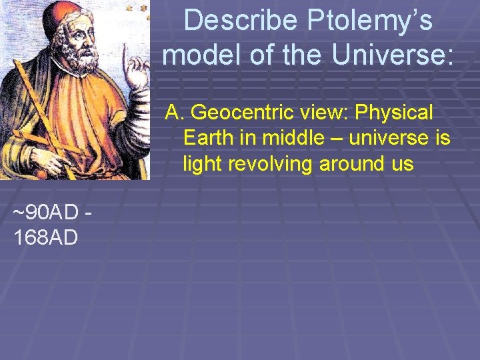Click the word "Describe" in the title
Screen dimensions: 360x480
pos(241,21)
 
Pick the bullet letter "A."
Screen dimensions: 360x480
pos(175,113)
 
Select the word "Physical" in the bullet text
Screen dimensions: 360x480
pos(394,113)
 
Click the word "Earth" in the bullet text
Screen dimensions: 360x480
pos(205,138)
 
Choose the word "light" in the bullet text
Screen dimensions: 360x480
pos(202,163)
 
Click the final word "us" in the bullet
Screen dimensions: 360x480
pos(402,163)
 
